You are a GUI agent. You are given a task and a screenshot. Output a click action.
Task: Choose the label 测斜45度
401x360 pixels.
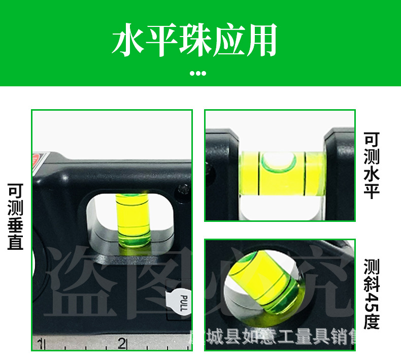click(372, 294)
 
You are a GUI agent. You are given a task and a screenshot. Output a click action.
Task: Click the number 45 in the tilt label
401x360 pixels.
click(372, 303)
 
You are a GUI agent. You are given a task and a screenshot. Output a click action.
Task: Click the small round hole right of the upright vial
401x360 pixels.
click(181, 191)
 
